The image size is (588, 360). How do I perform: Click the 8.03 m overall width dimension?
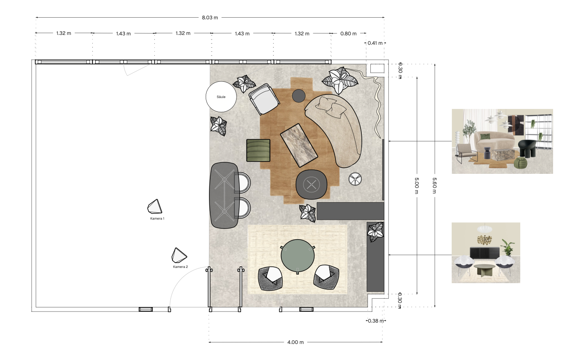point(210,18)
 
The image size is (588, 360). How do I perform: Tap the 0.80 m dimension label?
point(348,34)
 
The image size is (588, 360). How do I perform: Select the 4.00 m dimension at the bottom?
point(295,342)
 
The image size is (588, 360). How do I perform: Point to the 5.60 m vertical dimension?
point(434,185)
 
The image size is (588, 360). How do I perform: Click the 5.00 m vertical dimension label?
point(417,185)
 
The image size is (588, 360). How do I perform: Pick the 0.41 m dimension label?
point(375,43)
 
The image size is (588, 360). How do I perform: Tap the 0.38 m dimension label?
point(376,321)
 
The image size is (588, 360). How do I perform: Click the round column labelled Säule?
point(221,97)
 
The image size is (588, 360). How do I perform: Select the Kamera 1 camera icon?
point(155,207)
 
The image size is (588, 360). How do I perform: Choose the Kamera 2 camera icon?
point(179,256)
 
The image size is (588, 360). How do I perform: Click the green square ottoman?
point(258,150)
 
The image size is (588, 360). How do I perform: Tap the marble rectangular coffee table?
point(299,145)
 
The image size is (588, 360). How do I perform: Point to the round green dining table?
point(298,256)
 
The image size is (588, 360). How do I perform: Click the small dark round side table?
point(299,96)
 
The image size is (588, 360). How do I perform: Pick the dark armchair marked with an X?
point(311,185)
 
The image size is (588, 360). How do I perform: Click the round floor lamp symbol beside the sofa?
point(355,179)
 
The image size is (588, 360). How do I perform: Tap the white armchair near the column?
point(264,99)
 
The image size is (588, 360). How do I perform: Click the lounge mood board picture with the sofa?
point(502,141)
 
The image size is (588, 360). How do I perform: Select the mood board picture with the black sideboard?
point(486,253)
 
